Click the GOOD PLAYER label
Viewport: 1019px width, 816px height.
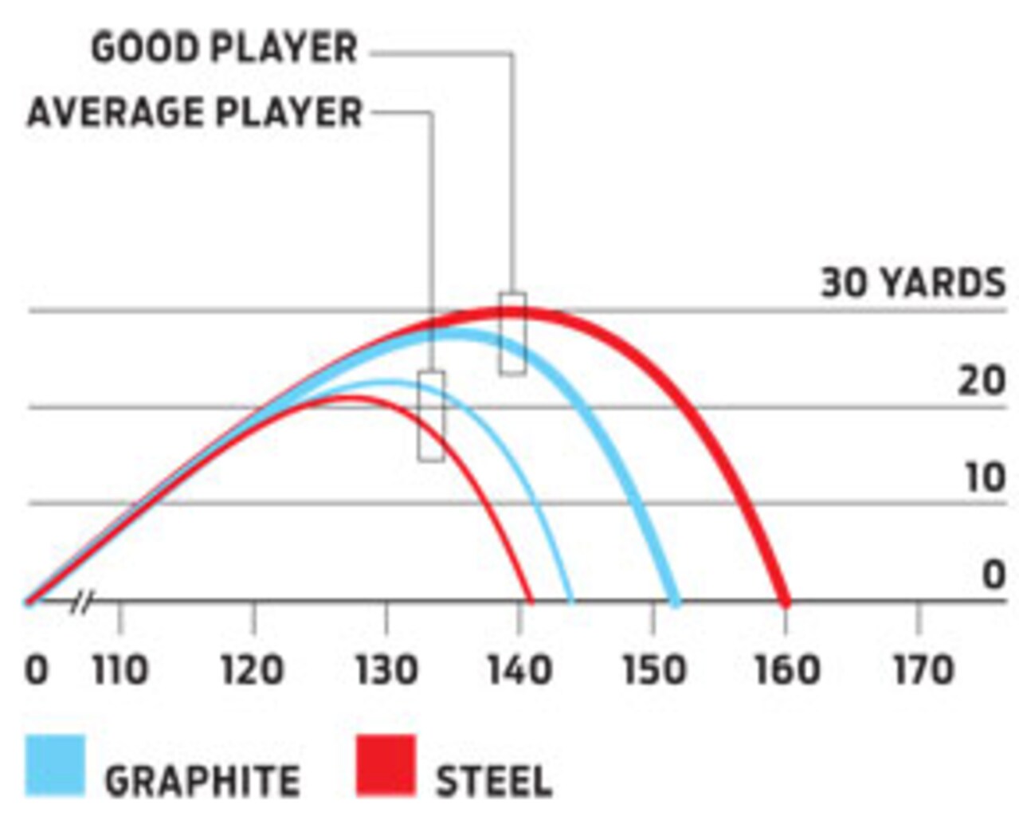coord(224,49)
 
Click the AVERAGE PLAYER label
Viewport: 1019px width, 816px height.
coord(195,112)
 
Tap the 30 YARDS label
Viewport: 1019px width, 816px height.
coord(913,284)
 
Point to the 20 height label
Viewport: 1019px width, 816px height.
coord(981,382)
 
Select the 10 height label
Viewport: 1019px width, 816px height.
coord(984,478)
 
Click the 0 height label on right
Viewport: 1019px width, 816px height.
coord(993,575)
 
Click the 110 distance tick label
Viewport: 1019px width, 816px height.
coord(120,670)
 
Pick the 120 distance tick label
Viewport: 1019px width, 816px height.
coord(253,670)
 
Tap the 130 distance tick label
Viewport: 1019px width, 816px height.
coord(386,670)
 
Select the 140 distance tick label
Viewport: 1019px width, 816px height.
coord(519,670)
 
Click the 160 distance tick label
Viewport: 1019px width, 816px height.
coord(786,670)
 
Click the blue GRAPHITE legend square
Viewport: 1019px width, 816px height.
coord(55,766)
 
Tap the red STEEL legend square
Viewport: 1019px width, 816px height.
coord(386,766)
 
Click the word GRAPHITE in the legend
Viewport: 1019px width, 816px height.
coord(202,781)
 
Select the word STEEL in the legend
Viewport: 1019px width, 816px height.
coord(494,781)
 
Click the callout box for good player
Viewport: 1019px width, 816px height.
coord(512,334)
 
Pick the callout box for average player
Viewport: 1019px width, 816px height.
coord(431,416)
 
